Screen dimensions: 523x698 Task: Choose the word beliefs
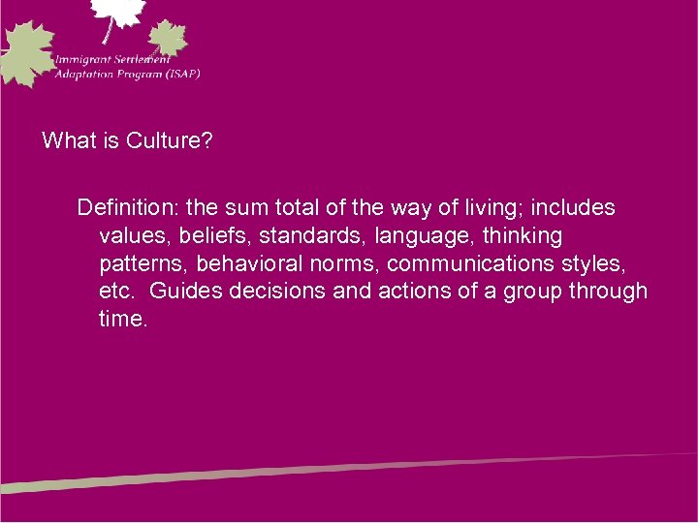click(217, 235)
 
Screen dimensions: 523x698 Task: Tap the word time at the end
click(121, 319)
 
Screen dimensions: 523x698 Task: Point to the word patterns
click(143, 263)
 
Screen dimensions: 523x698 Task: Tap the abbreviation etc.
click(115, 291)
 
